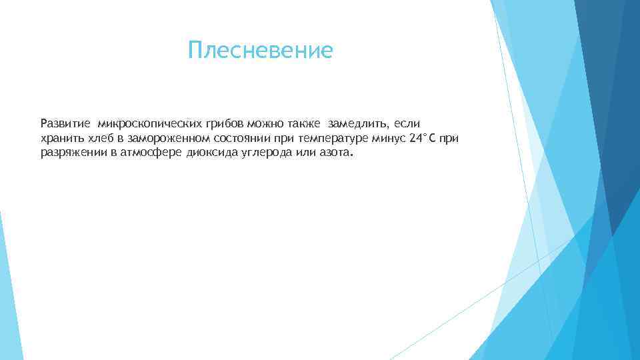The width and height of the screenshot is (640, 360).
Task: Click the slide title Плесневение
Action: [260, 50]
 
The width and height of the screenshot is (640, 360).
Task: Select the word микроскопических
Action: [137, 123]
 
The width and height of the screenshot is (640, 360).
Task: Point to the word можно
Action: [261, 123]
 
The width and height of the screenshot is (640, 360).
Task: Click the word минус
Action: [389, 138]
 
